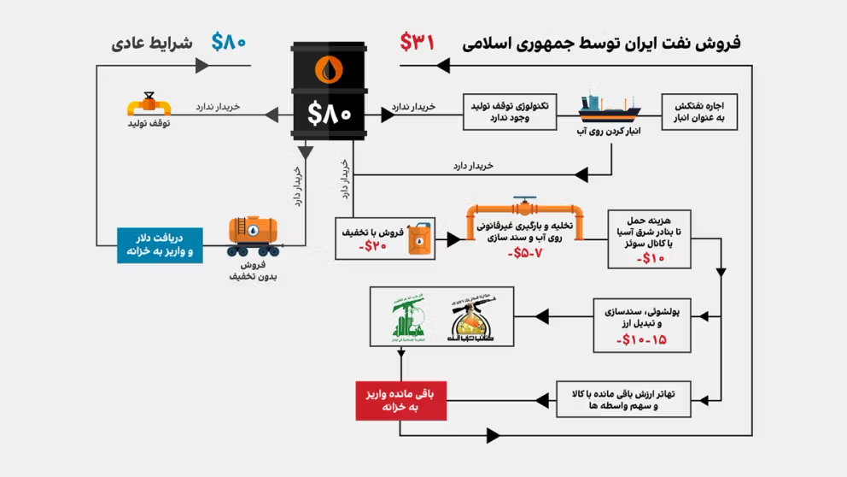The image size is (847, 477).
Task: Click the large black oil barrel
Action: tap(330, 91)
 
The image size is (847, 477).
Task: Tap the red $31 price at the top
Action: tap(418, 40)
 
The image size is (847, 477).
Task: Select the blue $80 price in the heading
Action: tap(229, 41)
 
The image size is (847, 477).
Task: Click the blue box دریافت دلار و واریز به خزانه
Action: tap(160, 244)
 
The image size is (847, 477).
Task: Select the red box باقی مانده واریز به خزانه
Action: tap(401, 400)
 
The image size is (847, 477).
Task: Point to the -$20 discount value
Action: tap(373, 246)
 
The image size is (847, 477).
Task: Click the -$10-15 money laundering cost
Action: tap(641, 339)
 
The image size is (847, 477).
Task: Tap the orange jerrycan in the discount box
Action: tap(418, 238)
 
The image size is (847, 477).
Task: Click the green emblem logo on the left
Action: tap(407, 316)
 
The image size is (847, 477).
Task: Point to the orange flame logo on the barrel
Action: tap(329, 69)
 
